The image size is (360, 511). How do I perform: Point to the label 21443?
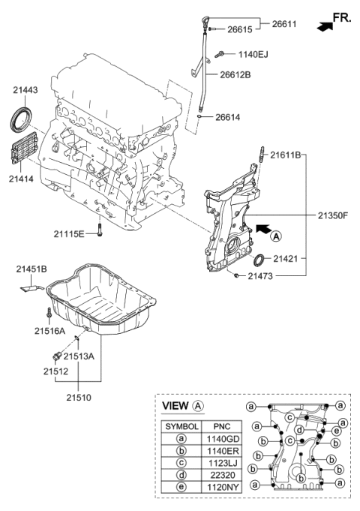(x=25, y=91)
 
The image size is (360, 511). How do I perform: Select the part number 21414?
(x=24, y=179)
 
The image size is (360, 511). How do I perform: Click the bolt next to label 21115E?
(x=100, y=233)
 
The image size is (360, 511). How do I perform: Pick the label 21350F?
(x=330, y=215)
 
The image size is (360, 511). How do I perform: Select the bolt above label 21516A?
(x=49, y=313)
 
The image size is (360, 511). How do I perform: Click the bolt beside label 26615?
(x=213, y=29)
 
